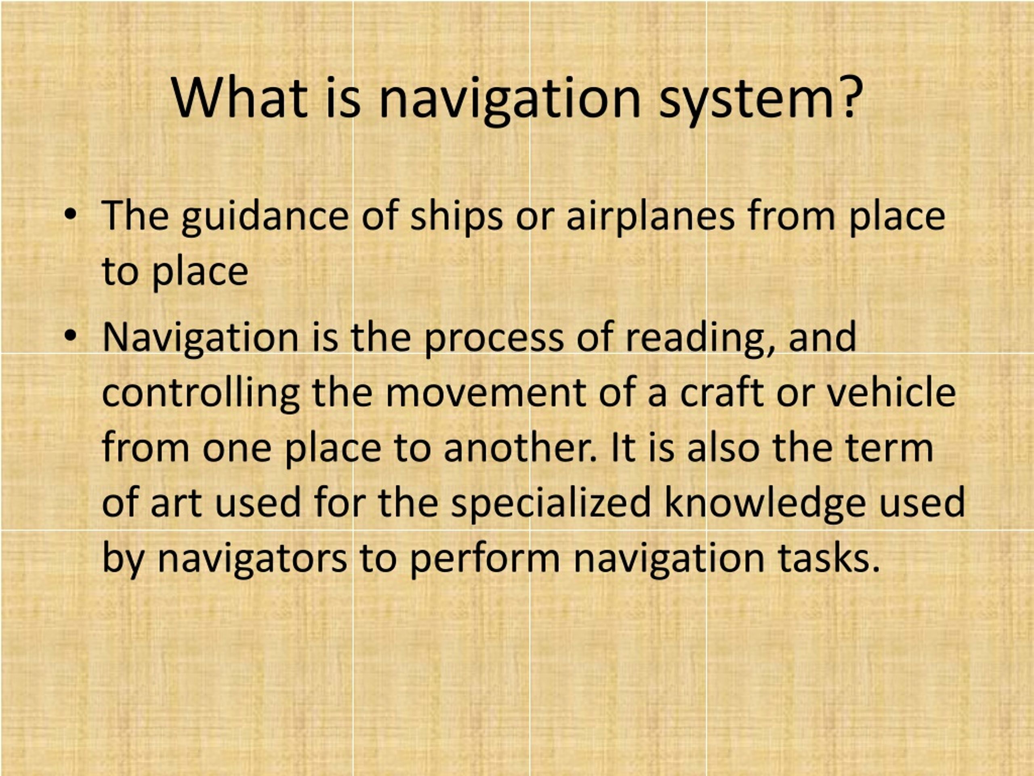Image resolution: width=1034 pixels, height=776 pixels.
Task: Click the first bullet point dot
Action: pyautogui.click(x=71, y=215)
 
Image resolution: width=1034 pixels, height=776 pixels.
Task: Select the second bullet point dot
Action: pyautogui.click(x=71, y=335)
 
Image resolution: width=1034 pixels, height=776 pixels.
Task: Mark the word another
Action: pyautogui.click(x=520, y=447)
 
